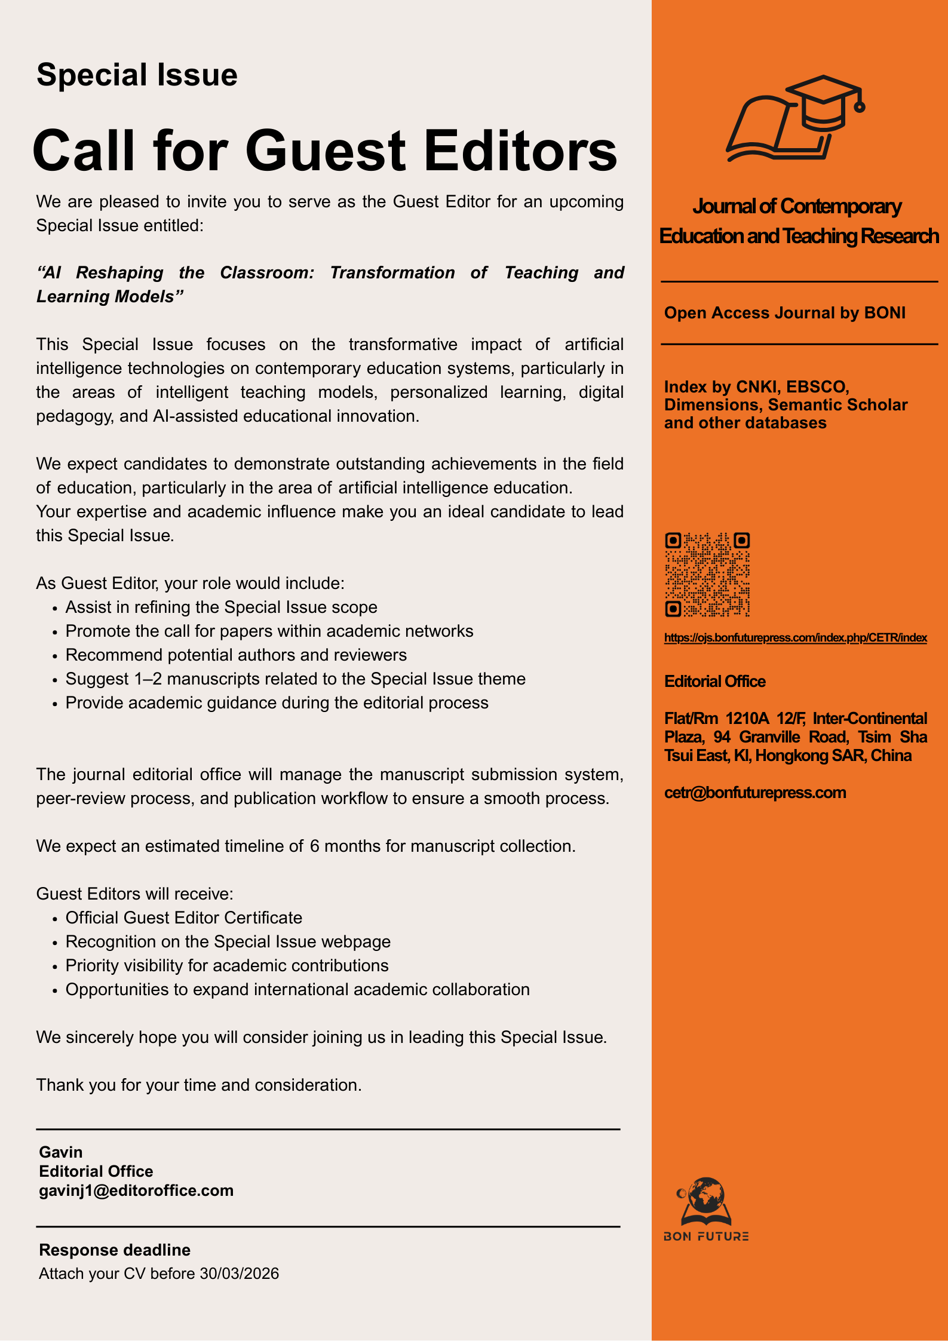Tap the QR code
click(707, 575)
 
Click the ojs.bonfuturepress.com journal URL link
click(795, 638)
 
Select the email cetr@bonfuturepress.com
click(755, 793)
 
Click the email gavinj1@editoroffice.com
click(136, 1190)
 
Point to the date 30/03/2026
click(240, 1274)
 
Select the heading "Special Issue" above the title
click(137, 75)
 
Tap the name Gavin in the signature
click(61, 1152)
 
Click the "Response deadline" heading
click(115, 1250)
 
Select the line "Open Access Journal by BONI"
click(784, 313)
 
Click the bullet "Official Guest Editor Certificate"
click(183, 917)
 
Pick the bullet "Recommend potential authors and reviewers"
click(236, 655)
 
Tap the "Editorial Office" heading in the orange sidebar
click(714, 682)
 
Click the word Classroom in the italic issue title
click(267, 273)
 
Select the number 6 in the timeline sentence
click(314, 846)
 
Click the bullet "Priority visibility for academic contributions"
click(226, 965)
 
